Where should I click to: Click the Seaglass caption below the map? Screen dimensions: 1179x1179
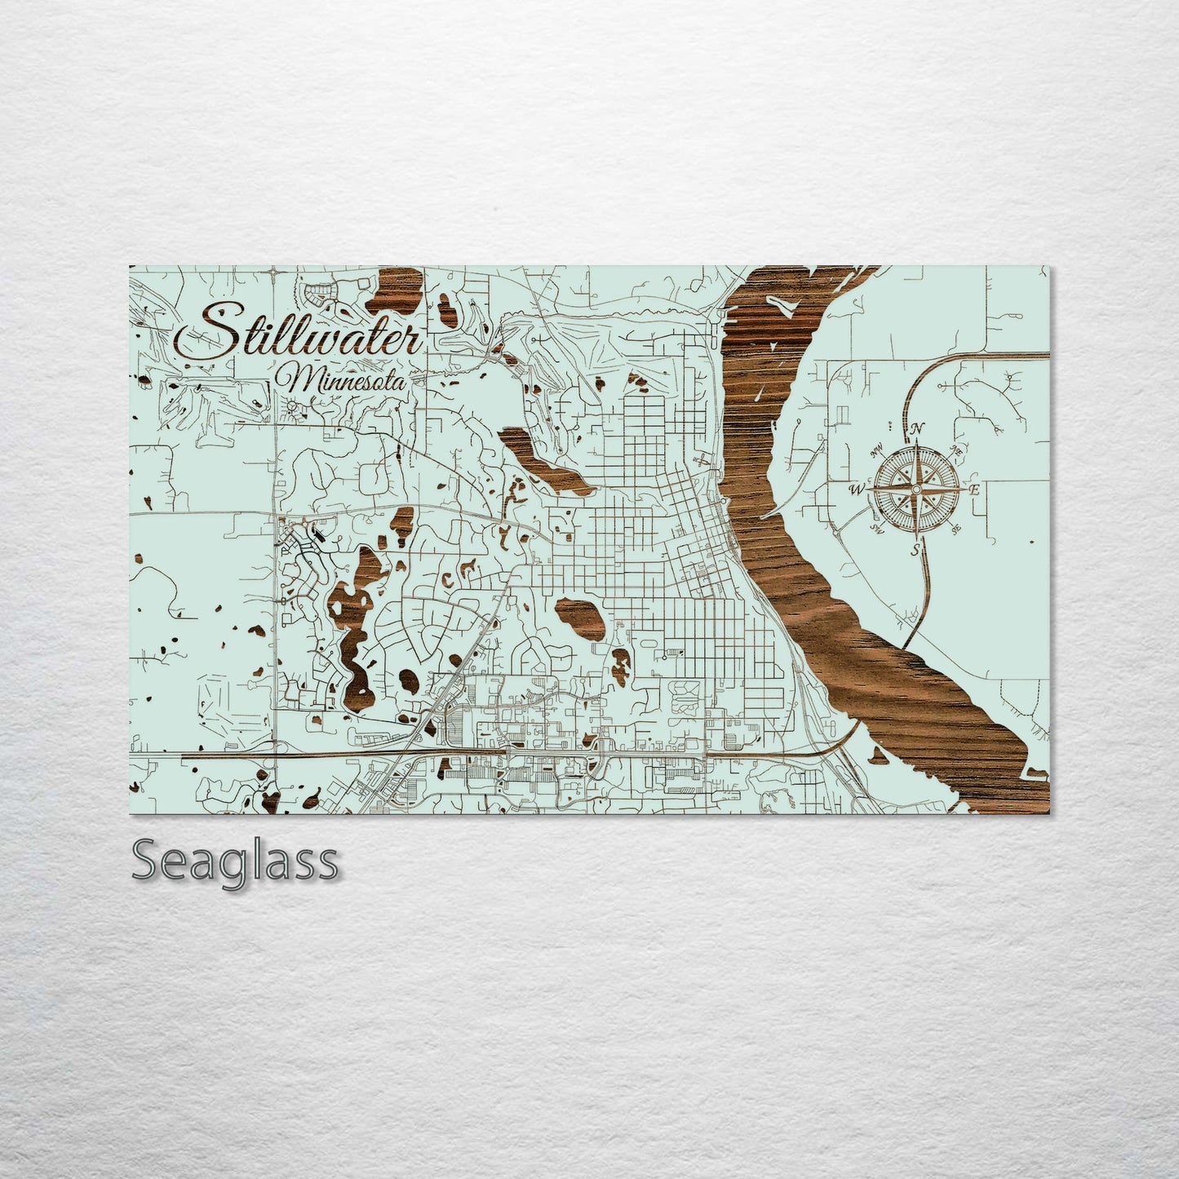[x=234, y=862]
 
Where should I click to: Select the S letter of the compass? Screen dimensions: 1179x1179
[x=915, y=549]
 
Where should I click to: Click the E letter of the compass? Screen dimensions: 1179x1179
[x=973, y=490]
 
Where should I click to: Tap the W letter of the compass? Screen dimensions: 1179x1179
[x=857, y=490]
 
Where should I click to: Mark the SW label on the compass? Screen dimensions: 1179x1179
[x=878, y=528]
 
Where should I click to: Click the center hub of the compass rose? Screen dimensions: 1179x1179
[x=915, y=489]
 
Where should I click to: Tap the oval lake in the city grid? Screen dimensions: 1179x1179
[x=581, y=618]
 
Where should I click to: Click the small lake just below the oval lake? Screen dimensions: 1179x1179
[x=622, y=667]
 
